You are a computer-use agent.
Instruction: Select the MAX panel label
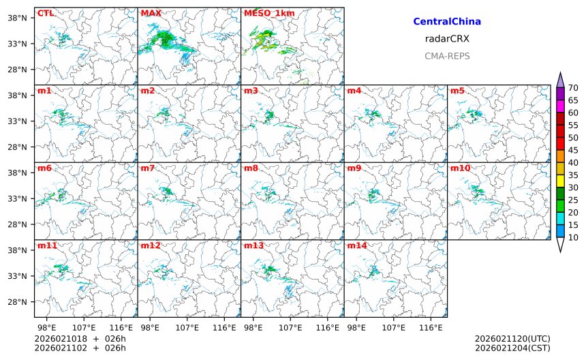(151, 13)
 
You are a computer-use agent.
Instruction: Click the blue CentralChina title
(447, 22)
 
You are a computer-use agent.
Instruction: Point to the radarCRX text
(447, 39)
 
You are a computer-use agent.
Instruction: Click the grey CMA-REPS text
(447, 56)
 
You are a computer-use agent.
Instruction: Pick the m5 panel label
(457, 91)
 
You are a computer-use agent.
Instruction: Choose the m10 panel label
(460, 168)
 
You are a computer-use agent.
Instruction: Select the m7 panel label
(148, 168)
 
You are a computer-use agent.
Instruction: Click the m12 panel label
(150, 245)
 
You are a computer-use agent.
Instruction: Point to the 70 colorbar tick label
(574, 88)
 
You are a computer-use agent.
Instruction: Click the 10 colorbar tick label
(574, 237)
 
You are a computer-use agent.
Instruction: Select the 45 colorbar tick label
(574, 150)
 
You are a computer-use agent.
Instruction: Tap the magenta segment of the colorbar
(561, 106)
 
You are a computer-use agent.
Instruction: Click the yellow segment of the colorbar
(561, 181)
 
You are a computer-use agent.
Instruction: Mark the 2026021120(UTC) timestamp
(512, 339)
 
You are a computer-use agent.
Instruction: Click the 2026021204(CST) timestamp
(512, 348)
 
